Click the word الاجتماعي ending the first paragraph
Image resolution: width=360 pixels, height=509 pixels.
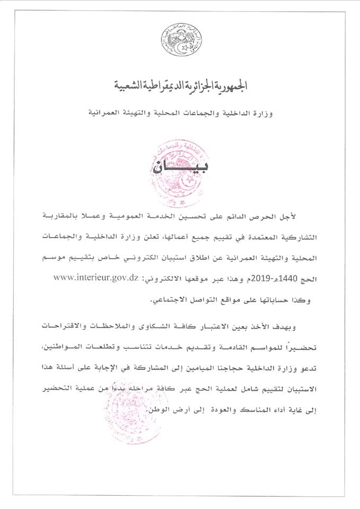click(167, 301)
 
